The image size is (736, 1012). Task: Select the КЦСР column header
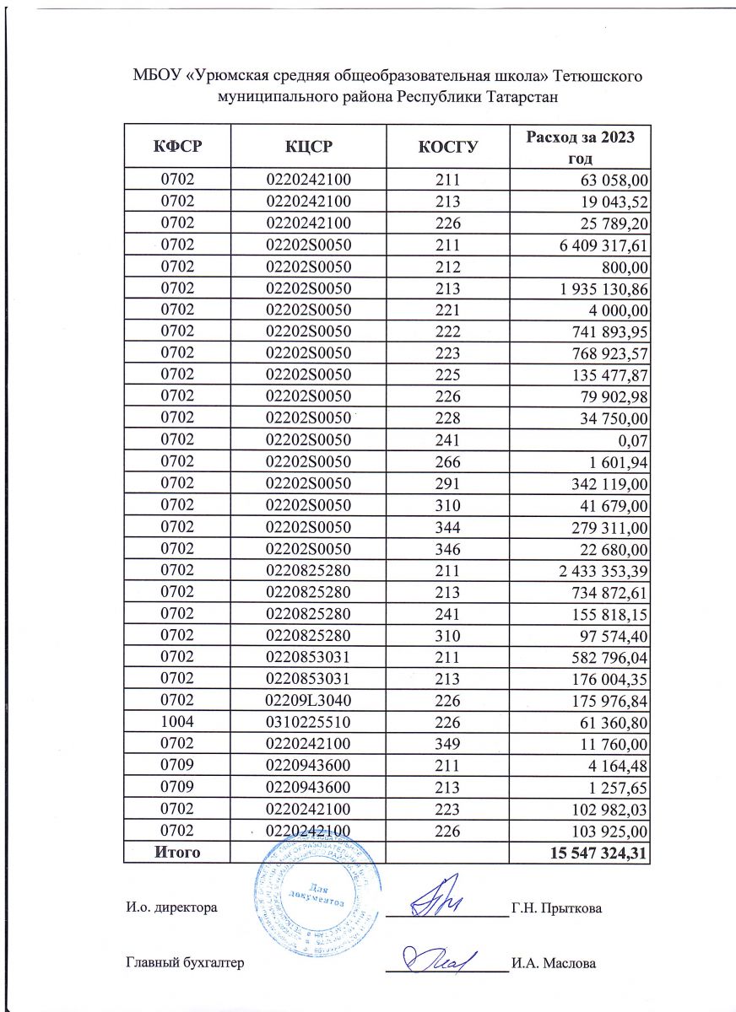coord(307,147)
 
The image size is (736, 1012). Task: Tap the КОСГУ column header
coord(448,147)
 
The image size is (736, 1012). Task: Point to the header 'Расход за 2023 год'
coord(580,147)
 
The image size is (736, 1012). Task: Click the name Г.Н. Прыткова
coord(555,908)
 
